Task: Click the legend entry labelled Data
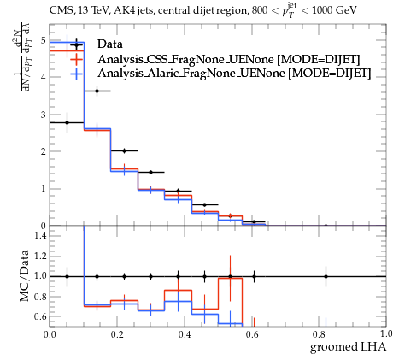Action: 110,44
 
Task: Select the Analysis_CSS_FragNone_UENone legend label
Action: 187,59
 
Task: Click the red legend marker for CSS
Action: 76,59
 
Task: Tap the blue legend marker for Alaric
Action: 76,74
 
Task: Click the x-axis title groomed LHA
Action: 348,347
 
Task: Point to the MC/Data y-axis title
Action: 24,276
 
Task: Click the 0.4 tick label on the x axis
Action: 185,334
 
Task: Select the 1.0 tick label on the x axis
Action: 386,334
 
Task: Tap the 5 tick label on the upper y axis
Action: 43,40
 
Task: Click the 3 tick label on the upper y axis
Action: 43,115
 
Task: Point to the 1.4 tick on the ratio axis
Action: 40,235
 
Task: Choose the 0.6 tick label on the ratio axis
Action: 40,316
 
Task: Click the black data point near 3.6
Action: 97,91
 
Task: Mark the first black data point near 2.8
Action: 67,122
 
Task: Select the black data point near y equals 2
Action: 124,150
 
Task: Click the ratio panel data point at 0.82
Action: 326,276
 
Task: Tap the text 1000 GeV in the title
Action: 334,10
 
